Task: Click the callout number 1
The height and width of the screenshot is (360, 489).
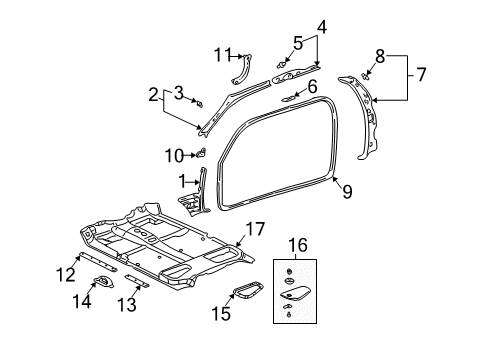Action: [183, 182]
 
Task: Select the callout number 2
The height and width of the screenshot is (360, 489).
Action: [153, 96]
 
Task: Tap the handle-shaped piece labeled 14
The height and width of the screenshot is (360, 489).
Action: [101, 284]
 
